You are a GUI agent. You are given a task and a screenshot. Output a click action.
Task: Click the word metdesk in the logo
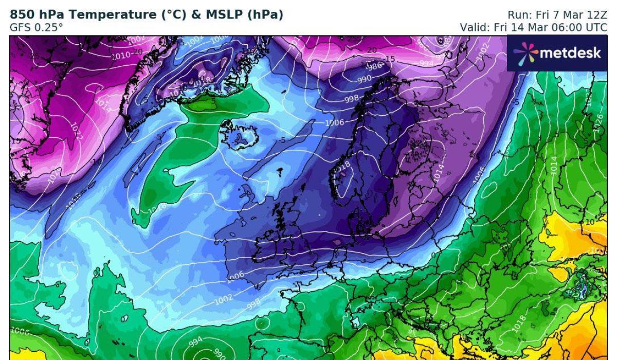(570, 53)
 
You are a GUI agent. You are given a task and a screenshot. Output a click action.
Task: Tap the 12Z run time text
(597, 15)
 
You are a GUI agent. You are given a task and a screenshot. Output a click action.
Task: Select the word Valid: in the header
(475, 27)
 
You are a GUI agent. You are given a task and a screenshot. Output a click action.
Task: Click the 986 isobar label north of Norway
(374, 66)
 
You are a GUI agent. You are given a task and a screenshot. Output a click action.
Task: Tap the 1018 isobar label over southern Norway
(343, 166)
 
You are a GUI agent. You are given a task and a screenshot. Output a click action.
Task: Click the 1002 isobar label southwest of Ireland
(224, 298)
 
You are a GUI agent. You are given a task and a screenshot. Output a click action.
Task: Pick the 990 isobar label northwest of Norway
(364, 78)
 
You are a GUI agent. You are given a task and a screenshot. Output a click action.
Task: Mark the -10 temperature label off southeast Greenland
(97, 161)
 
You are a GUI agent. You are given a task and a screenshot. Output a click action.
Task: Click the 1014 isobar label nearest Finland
(438, 173)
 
